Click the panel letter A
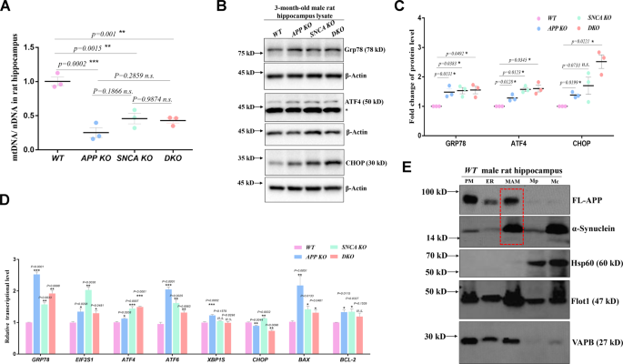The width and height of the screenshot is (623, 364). (7, 7)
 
